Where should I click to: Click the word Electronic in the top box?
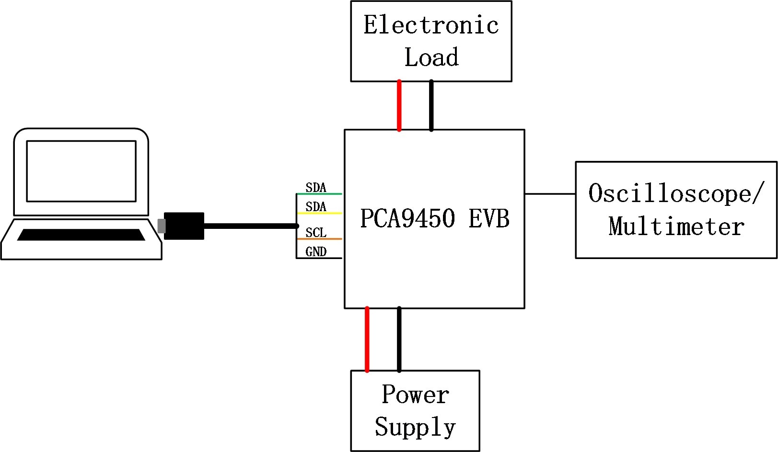(x=431, y=25)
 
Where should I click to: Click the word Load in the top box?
(x=431, y=57)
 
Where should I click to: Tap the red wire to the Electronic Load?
(x=399, y=105)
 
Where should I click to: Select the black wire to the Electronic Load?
(x=431, y=105)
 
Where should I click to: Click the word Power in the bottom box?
(x=415, y=395)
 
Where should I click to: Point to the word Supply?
(x=415, y=427)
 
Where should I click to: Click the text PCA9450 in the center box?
(x=407, y=218)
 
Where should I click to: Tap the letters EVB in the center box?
(x=489, y=218)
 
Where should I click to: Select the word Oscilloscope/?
(x=674, y=194)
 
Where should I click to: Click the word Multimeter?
(x=676, y=226)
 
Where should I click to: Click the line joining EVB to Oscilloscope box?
(x=550, y=194)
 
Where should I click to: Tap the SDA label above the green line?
(x=316, y=188)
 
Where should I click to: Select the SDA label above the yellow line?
(x=316, y=207)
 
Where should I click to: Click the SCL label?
(x=316, y=233)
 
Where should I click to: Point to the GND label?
(x=316, y=252)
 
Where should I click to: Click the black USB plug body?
(x=184, y=226)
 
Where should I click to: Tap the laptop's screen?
(x=81, y=171)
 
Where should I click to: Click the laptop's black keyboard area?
(x=81, y=235)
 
